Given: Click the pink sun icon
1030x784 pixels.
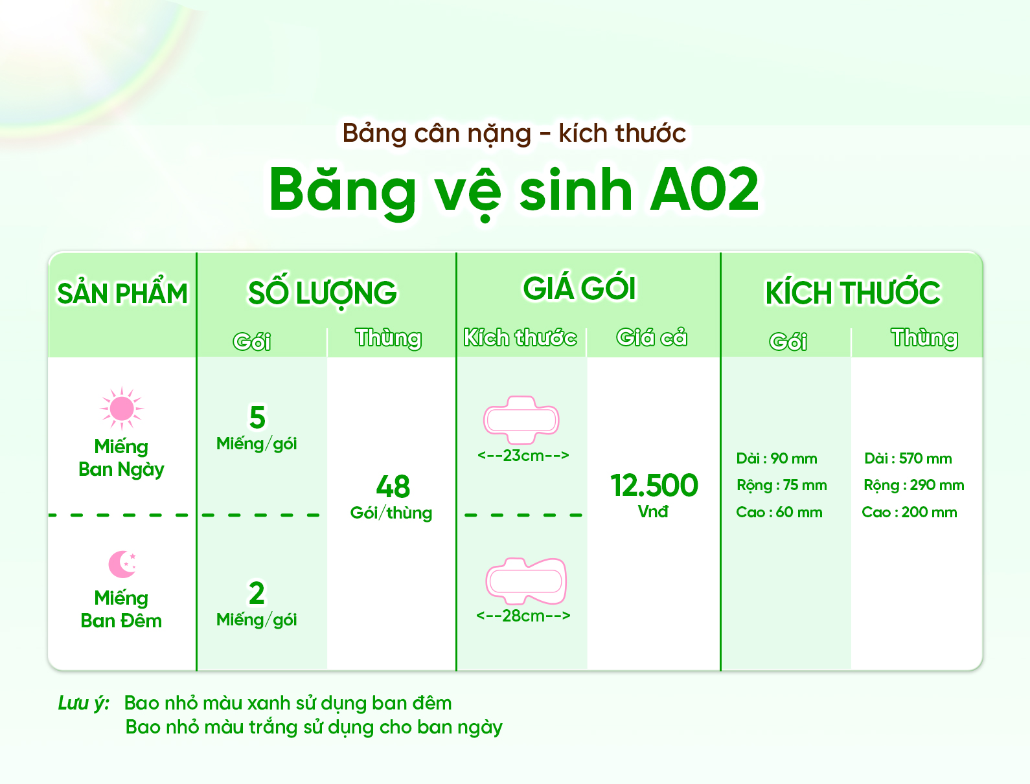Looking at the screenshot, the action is coord(122,408).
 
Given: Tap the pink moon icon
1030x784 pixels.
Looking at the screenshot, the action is coord(122,564).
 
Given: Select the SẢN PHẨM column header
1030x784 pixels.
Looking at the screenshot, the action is coord(122,293).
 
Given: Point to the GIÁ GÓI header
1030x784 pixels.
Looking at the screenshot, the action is coord(580,288).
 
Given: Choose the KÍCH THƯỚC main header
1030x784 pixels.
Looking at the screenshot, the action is coord(853,293).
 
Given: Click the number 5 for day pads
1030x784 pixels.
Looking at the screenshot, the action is coord(257,417).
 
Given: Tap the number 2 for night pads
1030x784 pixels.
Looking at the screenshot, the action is coord(257,592).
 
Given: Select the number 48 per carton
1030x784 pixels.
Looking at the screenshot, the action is coord(393,486).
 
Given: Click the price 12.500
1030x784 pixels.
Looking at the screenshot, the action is coord(654,485).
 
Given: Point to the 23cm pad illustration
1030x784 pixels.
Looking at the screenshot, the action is coord(521,420).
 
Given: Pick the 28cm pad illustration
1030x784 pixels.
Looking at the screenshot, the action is coord(526,581).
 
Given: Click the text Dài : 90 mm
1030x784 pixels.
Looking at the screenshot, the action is coord(777,458).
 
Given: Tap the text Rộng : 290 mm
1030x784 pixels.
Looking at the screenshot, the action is coord(913,485).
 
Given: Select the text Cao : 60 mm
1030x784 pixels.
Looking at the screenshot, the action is coord(779,512).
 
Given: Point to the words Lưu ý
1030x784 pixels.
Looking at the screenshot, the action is coord(84,703).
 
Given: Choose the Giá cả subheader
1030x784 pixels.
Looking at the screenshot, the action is coord(651,337).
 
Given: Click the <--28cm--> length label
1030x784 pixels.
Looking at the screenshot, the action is coord(523,616).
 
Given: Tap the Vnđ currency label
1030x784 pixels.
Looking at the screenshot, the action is coord(653,511).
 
